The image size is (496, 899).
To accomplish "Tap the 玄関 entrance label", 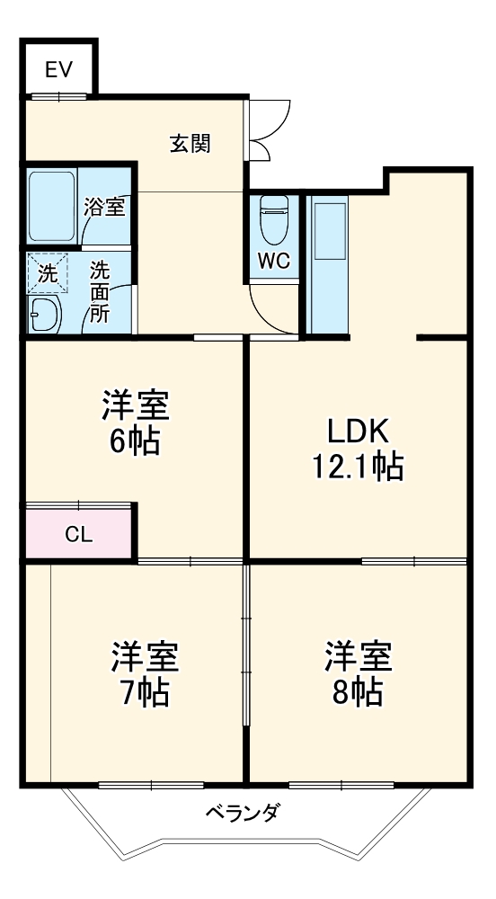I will click(191, 143).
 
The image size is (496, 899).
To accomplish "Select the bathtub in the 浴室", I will click(52, 206).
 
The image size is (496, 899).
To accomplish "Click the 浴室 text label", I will click(104, 207).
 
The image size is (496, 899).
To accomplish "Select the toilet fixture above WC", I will click(274, 220).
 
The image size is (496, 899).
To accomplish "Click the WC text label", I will click(274, 263).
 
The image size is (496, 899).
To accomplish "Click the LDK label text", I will click(358, 432).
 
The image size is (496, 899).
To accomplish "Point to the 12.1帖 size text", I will click(358, 467).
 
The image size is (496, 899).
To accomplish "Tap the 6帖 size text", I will click(135, 441).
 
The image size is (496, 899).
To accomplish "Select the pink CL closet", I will click(79, 533).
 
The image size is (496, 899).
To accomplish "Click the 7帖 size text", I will click(145, 693).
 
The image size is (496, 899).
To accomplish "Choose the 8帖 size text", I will click(359, 691).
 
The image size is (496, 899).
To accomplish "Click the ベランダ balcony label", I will click(243, 814).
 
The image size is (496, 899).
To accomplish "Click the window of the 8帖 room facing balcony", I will click(341, 785).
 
